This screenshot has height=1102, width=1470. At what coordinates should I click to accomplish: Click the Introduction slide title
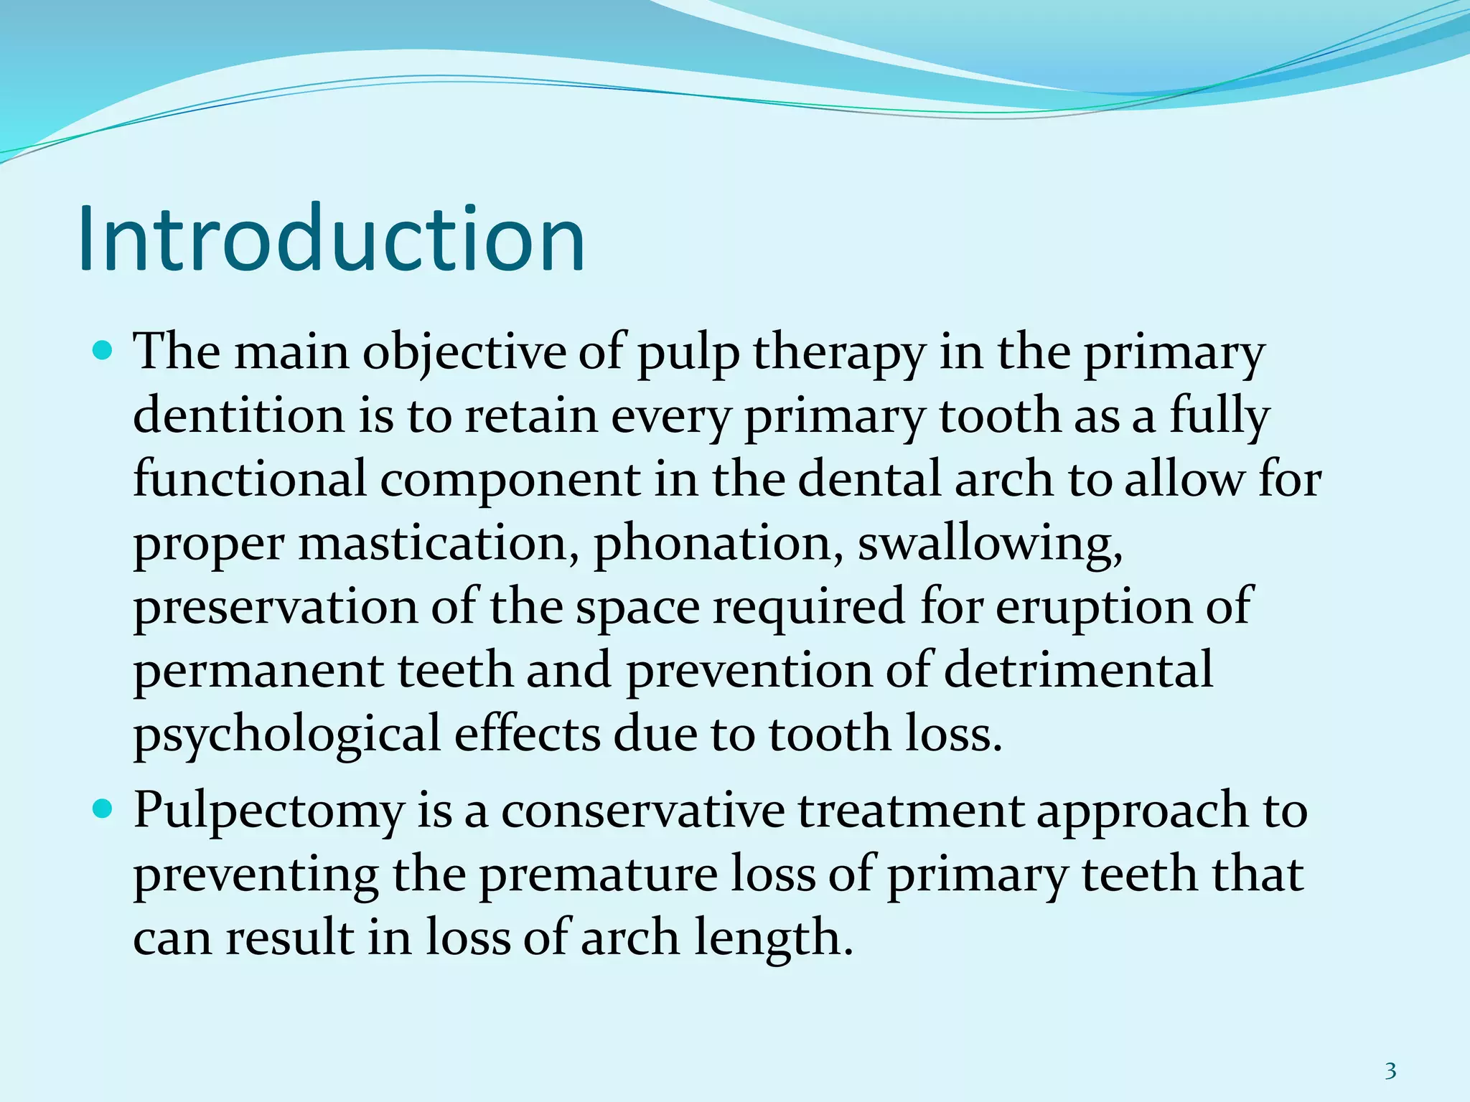tap(332, 239)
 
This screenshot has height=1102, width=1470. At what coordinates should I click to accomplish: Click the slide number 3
tap(1390, 1051)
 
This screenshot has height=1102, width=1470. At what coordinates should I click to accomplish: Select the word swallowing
tap(991, 544)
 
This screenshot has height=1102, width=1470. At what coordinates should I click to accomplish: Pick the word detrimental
tap(1078, 670)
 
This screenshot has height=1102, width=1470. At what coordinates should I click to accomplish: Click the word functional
tap(250, 479)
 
